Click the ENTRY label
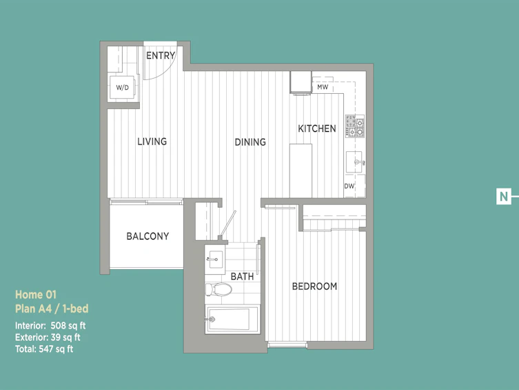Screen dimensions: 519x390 click(161, 55)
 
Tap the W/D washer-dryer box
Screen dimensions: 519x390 click(122, 87)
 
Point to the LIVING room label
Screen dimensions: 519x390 click(152, 142)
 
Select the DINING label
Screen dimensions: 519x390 click(250, 142)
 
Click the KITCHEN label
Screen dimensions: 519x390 click(317, 128)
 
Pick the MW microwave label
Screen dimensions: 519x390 click(323, 87)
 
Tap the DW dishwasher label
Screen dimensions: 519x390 click(349, 186)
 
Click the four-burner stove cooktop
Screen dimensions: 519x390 click(355, 126)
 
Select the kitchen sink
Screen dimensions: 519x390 click(355, 162)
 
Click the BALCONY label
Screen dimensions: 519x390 click(147, 236)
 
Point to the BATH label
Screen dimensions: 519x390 click(243, 276)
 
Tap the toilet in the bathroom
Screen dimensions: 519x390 click(218, 289)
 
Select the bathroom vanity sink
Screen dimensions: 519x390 click(215, 259)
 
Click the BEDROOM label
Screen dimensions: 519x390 click(314, 286)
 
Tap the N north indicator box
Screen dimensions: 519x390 click(503, 197)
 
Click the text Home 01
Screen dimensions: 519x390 click(36, 295)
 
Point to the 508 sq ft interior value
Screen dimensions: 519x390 click(68, 326)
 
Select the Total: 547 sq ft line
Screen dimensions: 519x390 click(44, 349)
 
